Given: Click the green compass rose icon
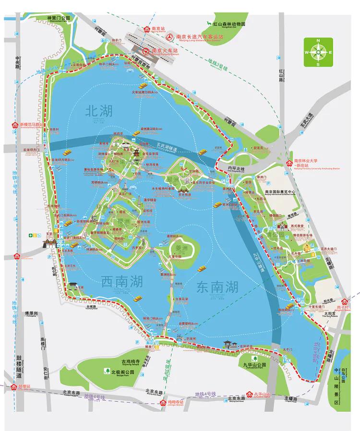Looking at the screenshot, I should pos(318,52).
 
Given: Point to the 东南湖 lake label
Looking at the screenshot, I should pos(217,287).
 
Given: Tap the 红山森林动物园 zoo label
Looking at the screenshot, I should pos(229,24).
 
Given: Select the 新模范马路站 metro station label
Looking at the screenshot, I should pos(31,125).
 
